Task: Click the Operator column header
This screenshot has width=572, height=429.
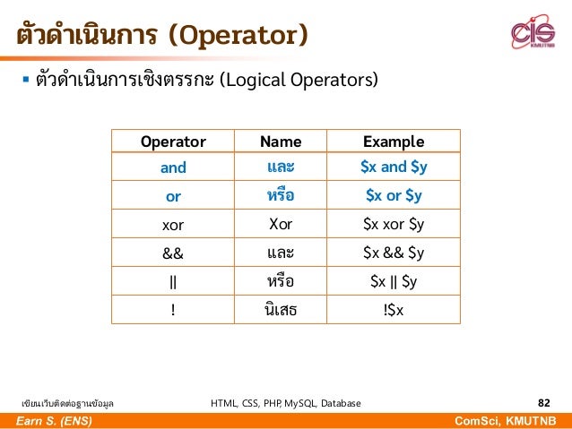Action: (173, 142)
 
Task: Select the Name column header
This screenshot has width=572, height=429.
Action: (281, 142)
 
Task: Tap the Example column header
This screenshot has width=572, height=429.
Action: (394, 142)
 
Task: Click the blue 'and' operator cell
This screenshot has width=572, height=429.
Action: (173, 167)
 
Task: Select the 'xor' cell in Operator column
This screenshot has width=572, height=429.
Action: (173, 225)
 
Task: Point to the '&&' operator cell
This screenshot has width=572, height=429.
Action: (173, 253)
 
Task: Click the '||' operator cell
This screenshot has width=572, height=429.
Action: (173, 282)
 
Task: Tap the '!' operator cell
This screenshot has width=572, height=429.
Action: (173, 310)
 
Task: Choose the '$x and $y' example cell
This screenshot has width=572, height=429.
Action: (394, 167)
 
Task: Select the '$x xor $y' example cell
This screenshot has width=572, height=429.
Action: (394, 225)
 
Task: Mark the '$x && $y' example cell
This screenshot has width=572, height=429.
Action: (394, 253)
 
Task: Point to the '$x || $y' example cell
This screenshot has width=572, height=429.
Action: (394, 282)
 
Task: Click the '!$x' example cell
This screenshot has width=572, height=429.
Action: (394, 310)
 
